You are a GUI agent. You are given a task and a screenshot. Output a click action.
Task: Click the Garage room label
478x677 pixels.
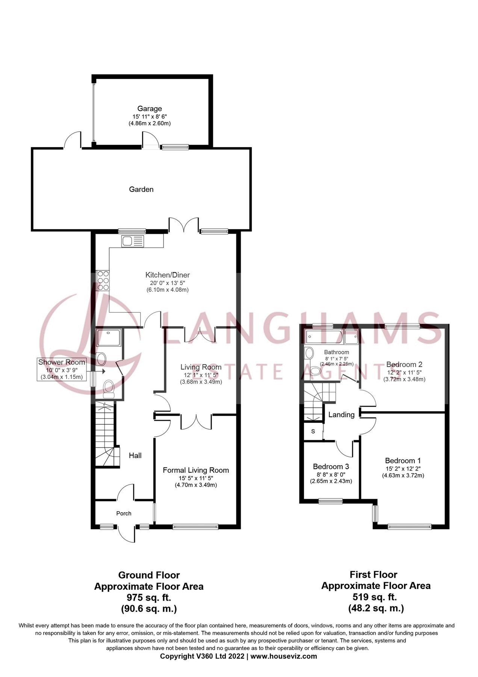(x=150, y=109)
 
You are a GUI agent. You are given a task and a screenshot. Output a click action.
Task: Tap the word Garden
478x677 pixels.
(x=141, y=189)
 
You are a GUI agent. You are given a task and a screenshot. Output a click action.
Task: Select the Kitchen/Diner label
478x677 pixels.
(x=168, y=275)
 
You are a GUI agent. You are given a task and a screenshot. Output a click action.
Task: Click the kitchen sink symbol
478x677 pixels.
(x=133, y=241)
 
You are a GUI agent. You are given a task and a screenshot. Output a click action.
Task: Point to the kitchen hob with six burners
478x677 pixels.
(x=103, y=280)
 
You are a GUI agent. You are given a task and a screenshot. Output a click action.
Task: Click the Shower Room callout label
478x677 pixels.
(x=62, y=362)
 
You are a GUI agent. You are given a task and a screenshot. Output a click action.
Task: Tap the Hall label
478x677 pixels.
(x=135, y=455)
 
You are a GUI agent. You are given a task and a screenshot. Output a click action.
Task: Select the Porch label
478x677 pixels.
(x=124, y=513)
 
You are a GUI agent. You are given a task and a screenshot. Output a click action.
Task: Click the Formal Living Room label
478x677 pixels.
(x=196, y=470)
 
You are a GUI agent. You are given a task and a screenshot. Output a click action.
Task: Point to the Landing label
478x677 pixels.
(x=342, y=414)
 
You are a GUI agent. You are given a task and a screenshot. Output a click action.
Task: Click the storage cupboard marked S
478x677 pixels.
(x=313, y=431)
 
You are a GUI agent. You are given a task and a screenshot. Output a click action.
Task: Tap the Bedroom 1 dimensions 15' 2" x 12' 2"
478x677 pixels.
(x=403, y=469)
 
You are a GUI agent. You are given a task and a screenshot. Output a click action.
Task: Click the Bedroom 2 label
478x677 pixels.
(x=404, y=364)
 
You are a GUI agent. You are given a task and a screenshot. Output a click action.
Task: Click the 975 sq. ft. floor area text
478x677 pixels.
(x=149, y=597)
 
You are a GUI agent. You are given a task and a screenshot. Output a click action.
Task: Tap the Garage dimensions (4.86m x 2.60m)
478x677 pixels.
(x=150, y=123)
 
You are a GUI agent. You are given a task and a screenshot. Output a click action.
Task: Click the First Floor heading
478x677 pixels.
(x=374, y=575)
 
